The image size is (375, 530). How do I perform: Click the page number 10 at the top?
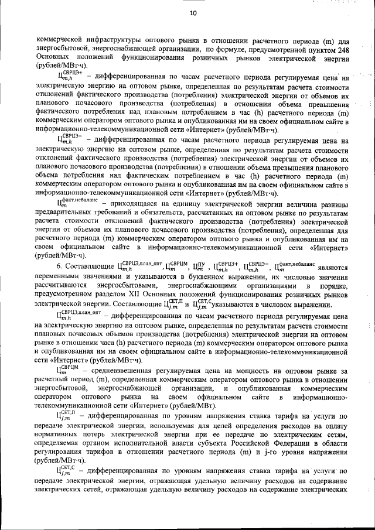coord(193,13)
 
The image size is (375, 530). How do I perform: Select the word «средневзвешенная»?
coord(122,370)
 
